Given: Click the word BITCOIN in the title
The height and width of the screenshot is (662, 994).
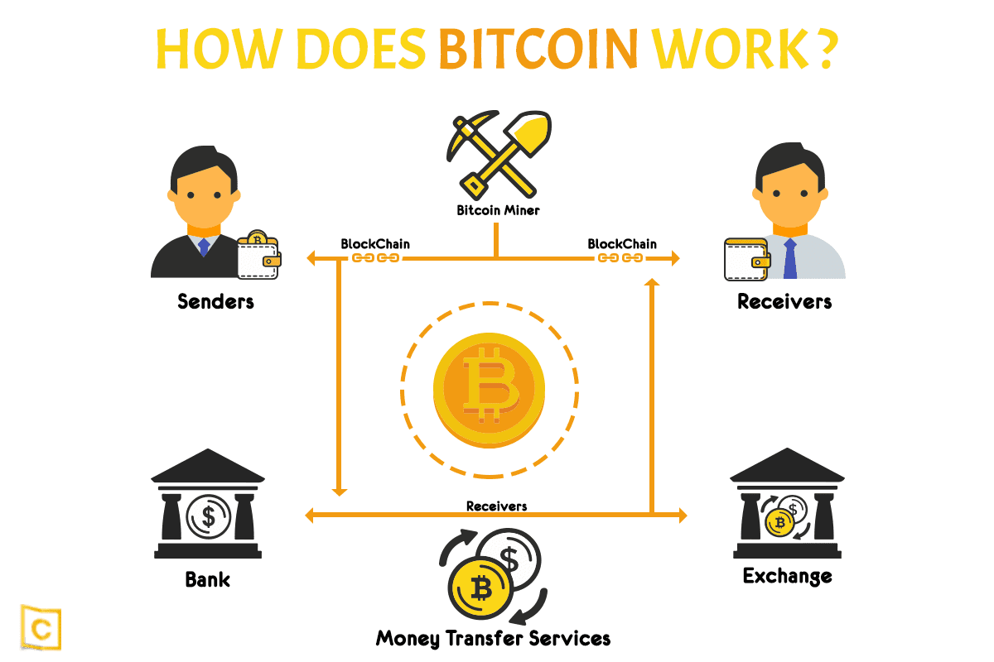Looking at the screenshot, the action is [538, 49].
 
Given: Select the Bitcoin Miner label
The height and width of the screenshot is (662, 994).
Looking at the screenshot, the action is [498, 210].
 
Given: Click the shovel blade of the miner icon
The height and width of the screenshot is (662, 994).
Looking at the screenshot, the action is [531, 131].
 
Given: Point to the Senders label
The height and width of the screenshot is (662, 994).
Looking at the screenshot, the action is [215, 301].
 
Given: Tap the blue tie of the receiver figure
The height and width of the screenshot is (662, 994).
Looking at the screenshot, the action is [790, 258].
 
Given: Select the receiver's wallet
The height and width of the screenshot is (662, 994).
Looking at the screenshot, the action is [747, 260].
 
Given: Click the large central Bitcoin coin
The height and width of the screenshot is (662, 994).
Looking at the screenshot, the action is [489, 390].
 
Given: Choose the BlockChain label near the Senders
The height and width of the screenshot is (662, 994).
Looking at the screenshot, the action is [375, 244].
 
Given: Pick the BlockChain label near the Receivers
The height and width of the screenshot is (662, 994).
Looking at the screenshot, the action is [622, 244].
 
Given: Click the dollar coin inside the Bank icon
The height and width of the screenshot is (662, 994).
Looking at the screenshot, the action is [208, 516].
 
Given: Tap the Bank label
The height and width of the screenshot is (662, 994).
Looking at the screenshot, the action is [208, 579].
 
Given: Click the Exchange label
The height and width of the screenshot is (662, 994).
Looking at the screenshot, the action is [787, 577].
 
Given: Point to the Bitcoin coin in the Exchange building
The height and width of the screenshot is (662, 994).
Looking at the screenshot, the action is [779, 523].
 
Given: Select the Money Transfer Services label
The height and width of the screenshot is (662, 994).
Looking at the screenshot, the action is [493, 639].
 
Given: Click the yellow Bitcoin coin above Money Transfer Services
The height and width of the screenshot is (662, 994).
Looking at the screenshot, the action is [480, 588].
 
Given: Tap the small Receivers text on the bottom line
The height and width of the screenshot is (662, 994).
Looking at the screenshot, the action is [496, 506].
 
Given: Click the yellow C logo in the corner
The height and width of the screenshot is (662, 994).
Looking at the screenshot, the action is [41, 627].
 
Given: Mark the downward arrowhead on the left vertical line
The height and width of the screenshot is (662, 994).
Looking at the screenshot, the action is [339, 492].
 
